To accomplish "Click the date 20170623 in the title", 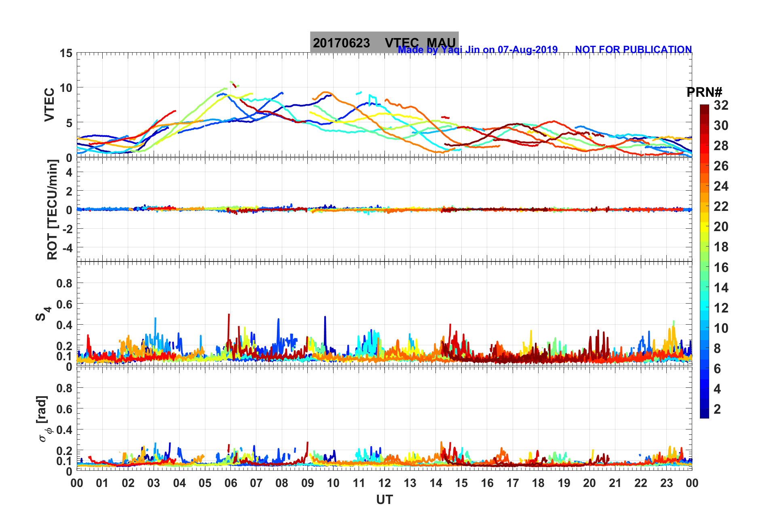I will tap(341, 43).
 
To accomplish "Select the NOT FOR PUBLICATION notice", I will tap(633, 49).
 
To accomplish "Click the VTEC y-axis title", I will tap(49, 105).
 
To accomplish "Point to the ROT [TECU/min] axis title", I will tap(52, 210).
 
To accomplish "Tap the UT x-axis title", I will tap(384, 500).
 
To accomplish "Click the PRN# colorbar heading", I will tap(704, 92).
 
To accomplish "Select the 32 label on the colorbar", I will tap(721, 105).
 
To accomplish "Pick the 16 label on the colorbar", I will tap(721, 267).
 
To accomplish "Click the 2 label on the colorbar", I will tap(717, 409).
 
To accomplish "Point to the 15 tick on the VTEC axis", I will tap(66, 53).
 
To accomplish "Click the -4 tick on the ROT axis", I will tap(66, 247).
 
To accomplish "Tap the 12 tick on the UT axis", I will tap(384, 483).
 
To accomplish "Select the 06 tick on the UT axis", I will tap(231, 483).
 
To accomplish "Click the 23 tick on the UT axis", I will tap(666, 483).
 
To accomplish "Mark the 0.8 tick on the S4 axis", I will tap(64, 283).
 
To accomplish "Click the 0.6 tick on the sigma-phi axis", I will tap(64, 409).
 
